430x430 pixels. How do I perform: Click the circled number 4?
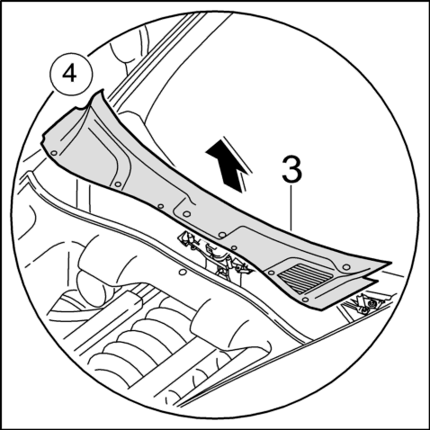pyautogui.click(x=71, y=75)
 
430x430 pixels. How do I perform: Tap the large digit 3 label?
pyautogui.click(x=292, y=170)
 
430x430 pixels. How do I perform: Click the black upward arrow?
pyautogui.click(x=228, y=165)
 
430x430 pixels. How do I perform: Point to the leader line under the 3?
pyautogui.click(x=291, y=208)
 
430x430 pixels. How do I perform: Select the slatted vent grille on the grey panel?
pyautogui.click(x=305, y=278)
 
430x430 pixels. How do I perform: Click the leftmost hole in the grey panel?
pyautogui.click(x=54, y=153)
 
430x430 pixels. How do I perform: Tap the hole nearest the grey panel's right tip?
pyautogui.click(x=346, y=267)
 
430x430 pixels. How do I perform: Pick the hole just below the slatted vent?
pyautogui.click(x=305, y=300)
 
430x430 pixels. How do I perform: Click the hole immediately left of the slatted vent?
pyautogui.click(x=271, y=273)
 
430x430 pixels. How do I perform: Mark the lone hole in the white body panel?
pyautogui.click(x=181, y=273)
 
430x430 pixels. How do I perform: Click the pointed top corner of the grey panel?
pyautogui.click(x=103, y=90)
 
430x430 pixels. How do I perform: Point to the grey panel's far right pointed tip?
pyautogui.click(x=390, y=263)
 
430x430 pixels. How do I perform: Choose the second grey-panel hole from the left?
pyautogui.click(x=118, y=184)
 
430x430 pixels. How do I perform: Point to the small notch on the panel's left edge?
pyautogui.click(x=44, y=139)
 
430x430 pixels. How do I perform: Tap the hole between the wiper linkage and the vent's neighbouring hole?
pyautogui.click(x=235, y=247)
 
